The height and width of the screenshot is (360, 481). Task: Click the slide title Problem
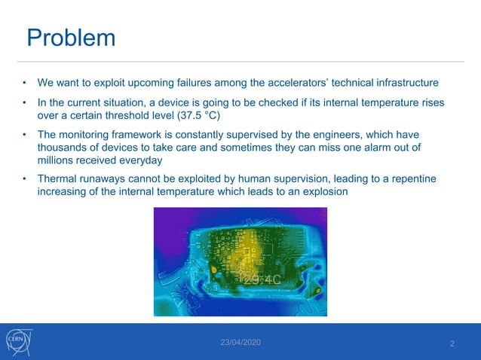click(72, 38)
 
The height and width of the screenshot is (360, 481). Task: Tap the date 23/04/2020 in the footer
click(240, 343)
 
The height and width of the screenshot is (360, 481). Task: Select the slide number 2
click(452, 344)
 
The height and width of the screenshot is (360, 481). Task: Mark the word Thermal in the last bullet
click(58, 178)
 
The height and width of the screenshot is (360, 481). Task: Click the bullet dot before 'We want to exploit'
click(25, 82)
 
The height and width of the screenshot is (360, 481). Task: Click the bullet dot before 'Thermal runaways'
click(25, 178)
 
